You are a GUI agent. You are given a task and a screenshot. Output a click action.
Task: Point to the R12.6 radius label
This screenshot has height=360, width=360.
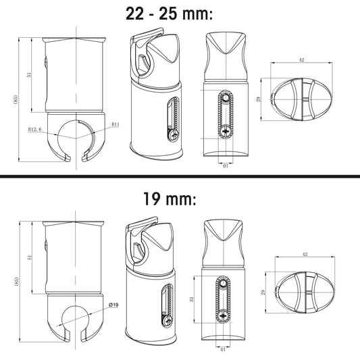pyautogui.click(x=35, y=130)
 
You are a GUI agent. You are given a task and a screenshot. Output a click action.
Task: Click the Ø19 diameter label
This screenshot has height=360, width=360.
pyautogui.click(x=114, y=305)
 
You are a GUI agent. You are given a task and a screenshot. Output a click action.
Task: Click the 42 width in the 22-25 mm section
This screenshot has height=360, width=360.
pyautogui.click(x=301, y=61)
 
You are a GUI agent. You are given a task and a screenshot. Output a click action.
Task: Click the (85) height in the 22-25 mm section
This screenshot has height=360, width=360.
pyautogui.click(x=16, y=100)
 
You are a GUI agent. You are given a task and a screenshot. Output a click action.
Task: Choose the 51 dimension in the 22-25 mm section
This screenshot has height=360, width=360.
pyautogui.click(x=30, y=75)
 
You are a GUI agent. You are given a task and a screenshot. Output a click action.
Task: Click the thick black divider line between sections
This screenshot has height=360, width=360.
pyautogui.click(x=180, y=178)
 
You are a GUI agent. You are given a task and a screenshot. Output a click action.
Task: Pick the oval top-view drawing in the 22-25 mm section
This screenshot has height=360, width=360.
pyautogui.click(x=301, y=100)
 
